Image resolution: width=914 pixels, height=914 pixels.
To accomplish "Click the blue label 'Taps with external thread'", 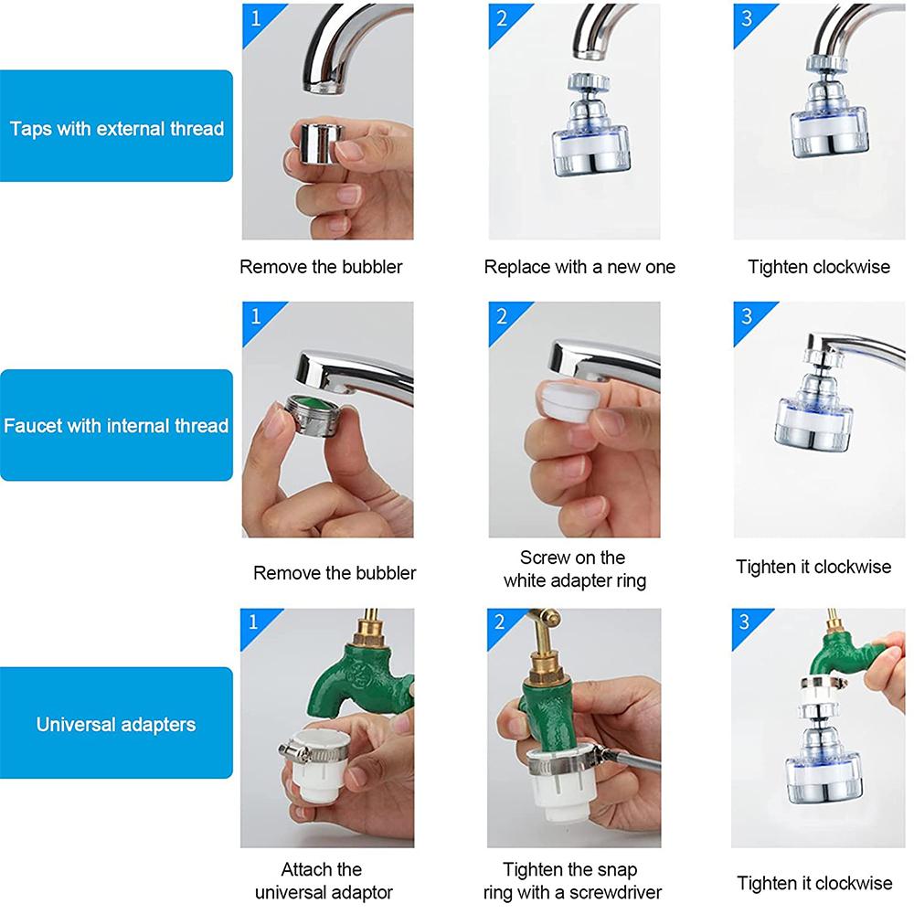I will [x=116, y=128].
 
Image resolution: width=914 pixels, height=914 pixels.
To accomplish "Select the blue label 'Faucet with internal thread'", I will [x=116, y=426].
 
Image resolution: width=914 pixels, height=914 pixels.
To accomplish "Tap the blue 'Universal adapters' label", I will [x=116, y=725].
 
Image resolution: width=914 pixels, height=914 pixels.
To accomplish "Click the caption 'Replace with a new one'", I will [x=579, y=267].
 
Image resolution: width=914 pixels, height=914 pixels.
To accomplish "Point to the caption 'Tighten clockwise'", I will [x=818, y=267].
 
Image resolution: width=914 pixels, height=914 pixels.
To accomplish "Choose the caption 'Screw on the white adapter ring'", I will [x=574, y=569].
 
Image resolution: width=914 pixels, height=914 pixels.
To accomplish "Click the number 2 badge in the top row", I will [x=502, y=17].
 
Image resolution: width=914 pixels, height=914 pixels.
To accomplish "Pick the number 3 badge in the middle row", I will [x=747, y=316].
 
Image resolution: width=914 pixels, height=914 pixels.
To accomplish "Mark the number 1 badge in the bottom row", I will [x=254, y=622].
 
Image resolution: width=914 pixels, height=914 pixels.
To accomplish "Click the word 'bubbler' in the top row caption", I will [x=372, y=267].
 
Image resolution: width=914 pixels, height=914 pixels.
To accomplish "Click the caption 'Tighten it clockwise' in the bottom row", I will [x=814, y=883].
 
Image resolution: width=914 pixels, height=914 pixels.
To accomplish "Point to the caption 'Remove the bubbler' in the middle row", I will [x=335, y=573].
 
